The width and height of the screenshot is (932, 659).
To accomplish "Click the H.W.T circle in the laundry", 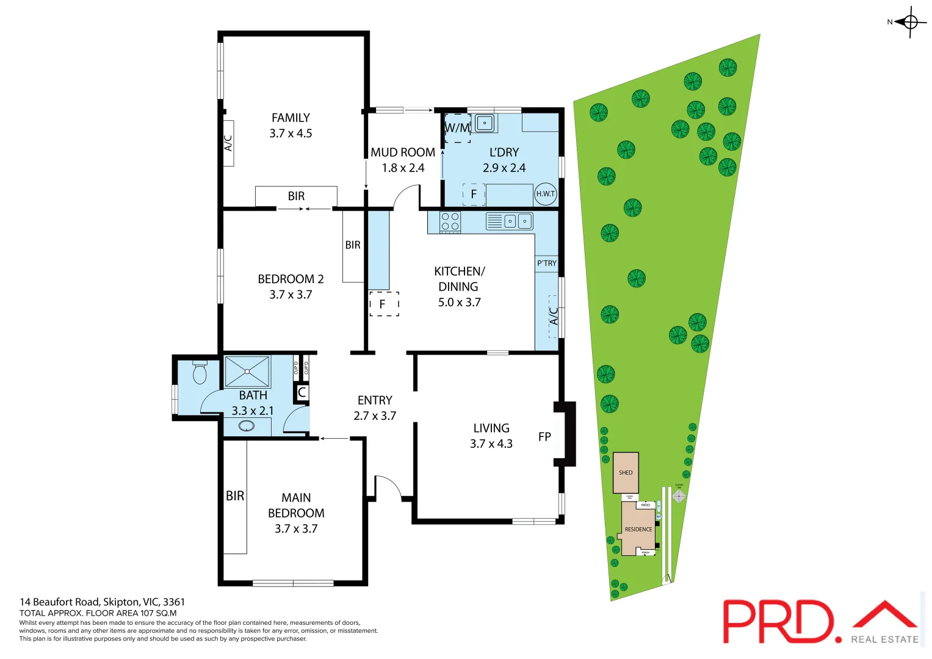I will tap(545, 194).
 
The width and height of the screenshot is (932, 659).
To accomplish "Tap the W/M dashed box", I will tap(457, 128).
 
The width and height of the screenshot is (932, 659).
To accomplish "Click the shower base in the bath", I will tap(247, 372).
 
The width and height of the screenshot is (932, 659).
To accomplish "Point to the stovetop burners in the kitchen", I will tap(450, 221).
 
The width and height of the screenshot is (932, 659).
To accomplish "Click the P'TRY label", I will tap(546, 263).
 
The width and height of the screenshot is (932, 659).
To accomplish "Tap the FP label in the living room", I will tap(544, 437).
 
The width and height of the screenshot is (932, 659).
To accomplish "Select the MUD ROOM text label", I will tap(403, 153).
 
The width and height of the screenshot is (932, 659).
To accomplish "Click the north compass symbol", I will tap(910, 23).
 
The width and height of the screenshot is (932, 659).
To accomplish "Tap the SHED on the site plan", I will tap(626, 472).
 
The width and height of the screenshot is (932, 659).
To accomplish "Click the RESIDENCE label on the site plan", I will tap(638, 529).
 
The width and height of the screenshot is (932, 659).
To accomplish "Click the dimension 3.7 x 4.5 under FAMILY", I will tap(291, 134).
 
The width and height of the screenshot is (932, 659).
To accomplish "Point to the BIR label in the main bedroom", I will tap(235, 496).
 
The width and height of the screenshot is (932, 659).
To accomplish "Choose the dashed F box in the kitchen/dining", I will tap(384, 303).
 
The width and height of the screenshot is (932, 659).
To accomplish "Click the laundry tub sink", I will tap(485, 123).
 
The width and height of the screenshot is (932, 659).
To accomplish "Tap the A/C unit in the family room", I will tap(228, 143).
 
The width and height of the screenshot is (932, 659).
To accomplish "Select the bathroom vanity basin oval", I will tap(247, 426).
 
